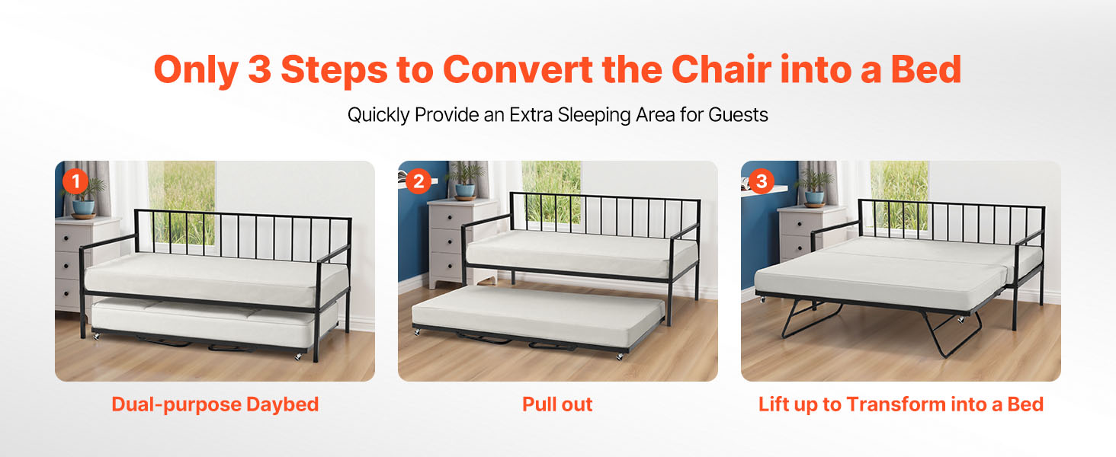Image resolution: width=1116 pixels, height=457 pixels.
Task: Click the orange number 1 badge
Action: [x=75, y=181]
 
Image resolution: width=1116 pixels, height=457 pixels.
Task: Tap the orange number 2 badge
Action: [x=418, y=181]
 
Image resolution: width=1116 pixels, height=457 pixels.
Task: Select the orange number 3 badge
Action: [x=762, y=181]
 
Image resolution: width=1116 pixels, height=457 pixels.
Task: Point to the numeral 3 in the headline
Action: [x=260, y=69]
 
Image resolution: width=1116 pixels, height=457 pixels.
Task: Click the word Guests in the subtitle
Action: [x=738, y=115]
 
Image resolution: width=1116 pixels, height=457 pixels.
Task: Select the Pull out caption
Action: [x=557, y=404]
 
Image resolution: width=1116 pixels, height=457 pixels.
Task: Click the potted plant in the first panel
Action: [x=85, y=198]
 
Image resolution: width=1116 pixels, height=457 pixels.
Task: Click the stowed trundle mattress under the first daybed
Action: [x=214, y=321]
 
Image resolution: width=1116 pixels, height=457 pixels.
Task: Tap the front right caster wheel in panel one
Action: [x=298, y=357]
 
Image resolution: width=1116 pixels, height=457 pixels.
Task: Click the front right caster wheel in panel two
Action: [x=620, y=356]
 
